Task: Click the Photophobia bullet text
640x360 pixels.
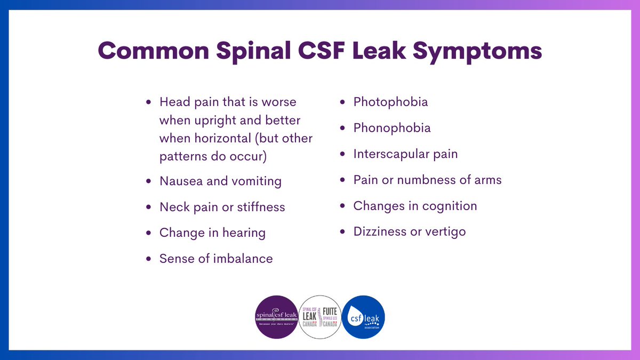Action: [390, 101]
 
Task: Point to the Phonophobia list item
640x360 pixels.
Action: [392, 128]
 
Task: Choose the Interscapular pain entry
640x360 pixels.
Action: [405, 154]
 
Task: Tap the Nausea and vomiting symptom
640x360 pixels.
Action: [220, 181]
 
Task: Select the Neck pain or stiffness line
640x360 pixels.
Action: [222, 207]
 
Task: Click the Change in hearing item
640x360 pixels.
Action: [212, 233]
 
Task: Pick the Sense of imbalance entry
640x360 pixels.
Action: [216, 259]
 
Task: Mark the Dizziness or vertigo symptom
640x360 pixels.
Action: [410, 231]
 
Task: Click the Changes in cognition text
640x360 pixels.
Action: [415, 206]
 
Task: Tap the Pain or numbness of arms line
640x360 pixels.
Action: [427, 180]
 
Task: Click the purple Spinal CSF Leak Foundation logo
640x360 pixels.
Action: [276, 317]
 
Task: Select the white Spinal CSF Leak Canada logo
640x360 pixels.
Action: [320, 317]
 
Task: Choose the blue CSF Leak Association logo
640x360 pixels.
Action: [363, 317]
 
